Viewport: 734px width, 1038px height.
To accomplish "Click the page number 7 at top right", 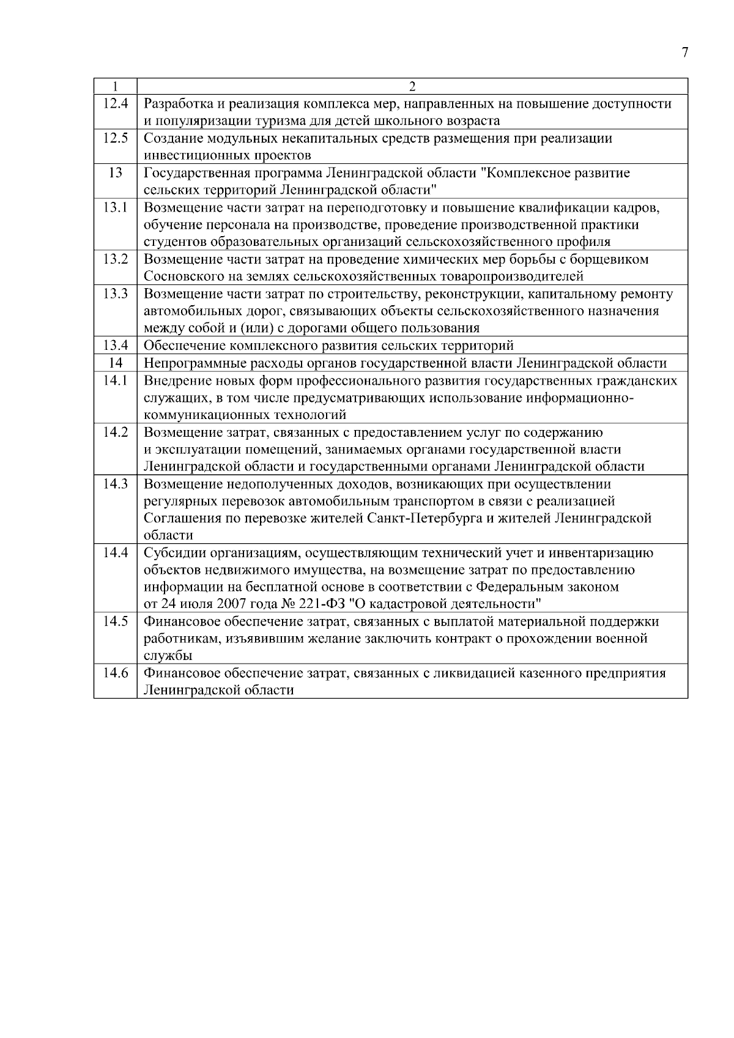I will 684,53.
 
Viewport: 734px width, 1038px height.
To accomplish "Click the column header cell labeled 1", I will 115,86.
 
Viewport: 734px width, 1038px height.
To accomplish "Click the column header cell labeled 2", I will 412,86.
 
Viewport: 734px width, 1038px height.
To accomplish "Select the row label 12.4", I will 115,103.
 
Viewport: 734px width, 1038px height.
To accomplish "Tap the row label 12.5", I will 115,138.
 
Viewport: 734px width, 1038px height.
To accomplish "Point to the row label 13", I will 115,172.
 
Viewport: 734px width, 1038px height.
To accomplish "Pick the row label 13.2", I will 115,259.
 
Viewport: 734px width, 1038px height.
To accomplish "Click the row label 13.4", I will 115,346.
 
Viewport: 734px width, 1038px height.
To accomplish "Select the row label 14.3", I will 115,484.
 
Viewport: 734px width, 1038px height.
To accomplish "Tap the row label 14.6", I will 115,673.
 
